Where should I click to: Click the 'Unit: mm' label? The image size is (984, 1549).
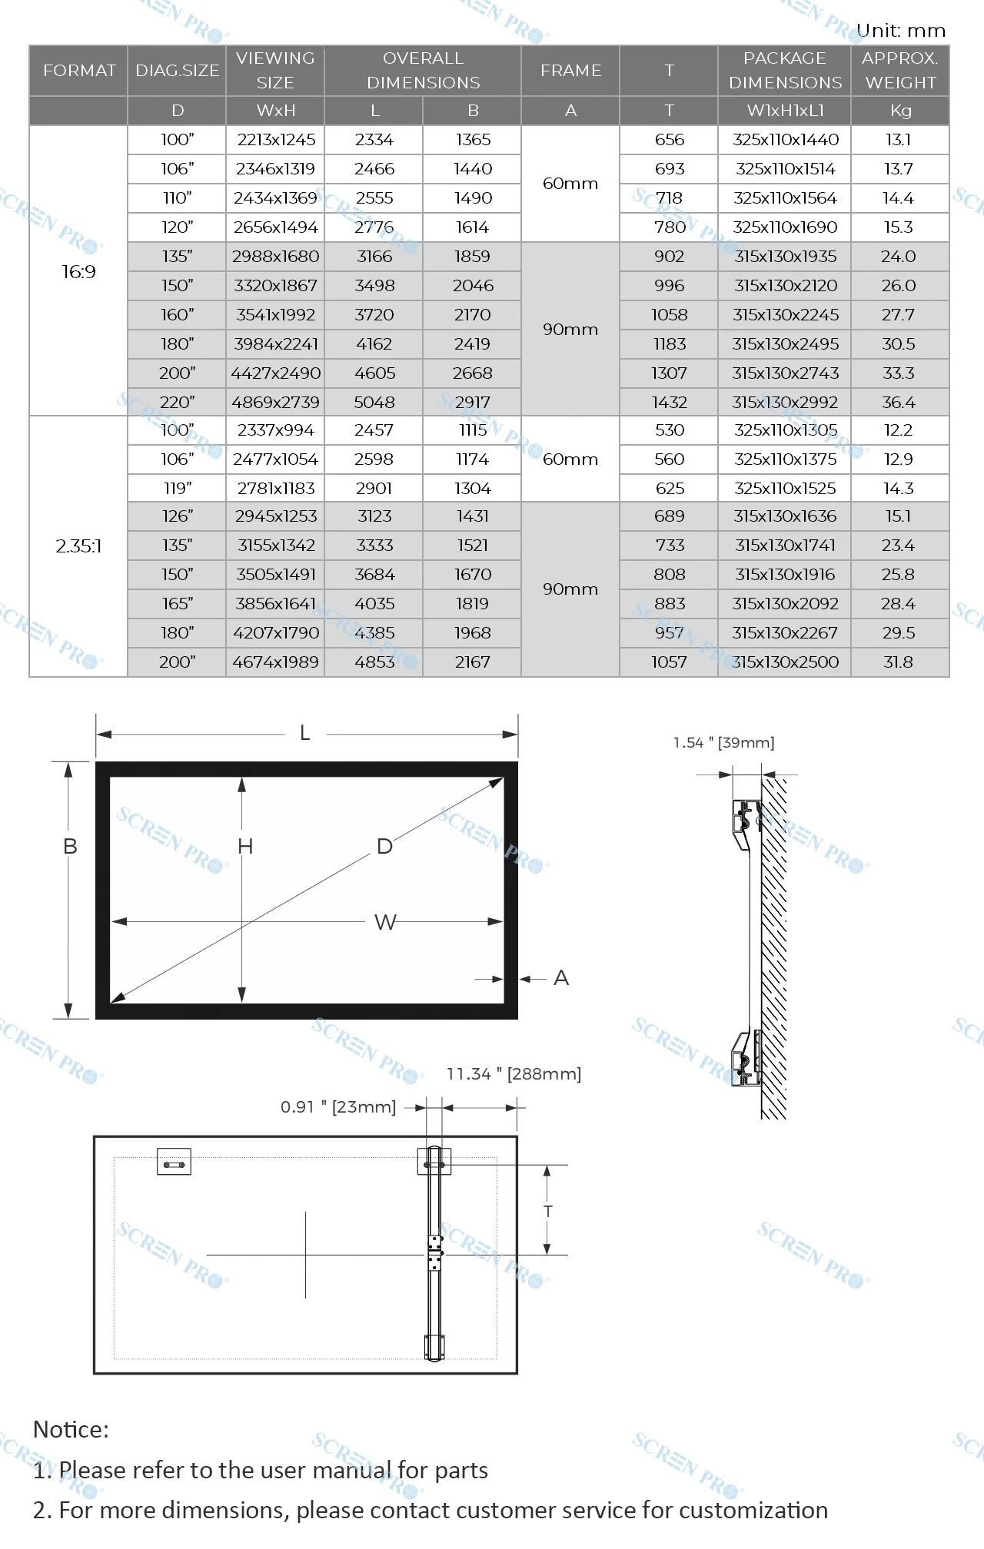point(900,31)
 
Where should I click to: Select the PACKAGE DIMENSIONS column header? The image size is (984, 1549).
point(785,70)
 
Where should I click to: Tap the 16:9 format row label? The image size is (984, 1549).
point(78,271)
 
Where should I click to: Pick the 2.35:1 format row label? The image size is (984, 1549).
point(78,546)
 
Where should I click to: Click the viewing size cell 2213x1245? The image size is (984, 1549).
point(276,140)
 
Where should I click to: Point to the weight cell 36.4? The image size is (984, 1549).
point(898,402)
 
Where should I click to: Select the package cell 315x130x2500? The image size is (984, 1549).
point(785,662)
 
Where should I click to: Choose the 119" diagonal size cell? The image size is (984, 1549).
point(177,488)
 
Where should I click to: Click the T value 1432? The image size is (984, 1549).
point(669,402)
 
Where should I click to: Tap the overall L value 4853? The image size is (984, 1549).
point(374,662)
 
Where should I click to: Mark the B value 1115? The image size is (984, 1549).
point(473,430)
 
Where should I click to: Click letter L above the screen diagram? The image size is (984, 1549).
point(305,733)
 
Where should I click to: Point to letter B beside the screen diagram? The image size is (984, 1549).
point(70,846)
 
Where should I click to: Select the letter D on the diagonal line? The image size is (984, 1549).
point(384,846)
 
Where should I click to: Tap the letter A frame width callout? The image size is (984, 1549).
point(561,978)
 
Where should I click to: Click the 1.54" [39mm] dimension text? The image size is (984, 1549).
point(723,742)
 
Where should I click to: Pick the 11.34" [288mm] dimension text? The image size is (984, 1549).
point(514,1073)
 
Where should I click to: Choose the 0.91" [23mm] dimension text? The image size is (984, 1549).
point(338,1106)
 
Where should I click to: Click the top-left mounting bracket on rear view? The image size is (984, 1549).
point(174,1162)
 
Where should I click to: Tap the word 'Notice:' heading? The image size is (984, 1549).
point(71,1429)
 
